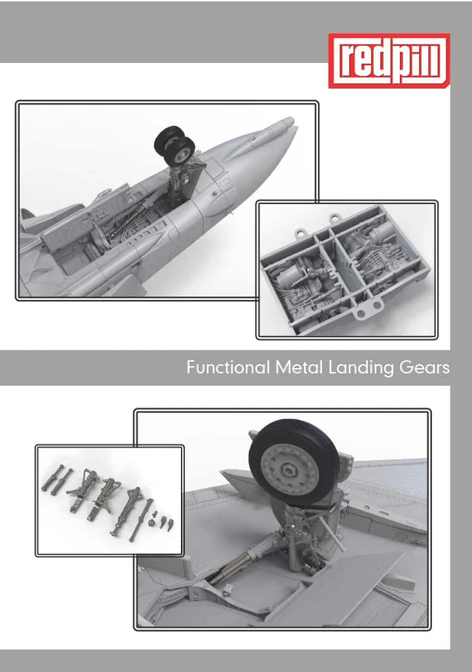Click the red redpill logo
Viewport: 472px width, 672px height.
(x=389, y=60)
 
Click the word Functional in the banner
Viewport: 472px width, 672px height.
(x=228, y=367)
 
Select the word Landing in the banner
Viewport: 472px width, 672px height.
(x=361, y=368)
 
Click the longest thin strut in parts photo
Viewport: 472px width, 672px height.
(x=140, y=520)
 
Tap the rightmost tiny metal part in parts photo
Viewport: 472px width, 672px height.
(x=170, y=524)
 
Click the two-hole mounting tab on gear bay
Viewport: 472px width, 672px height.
(x=368, y=308)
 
